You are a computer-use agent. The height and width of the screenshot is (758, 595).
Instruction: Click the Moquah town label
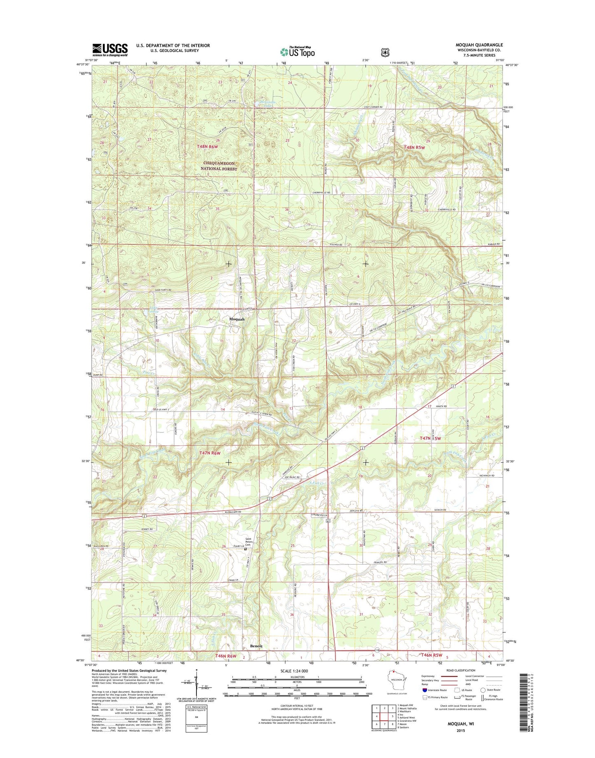point(237,319)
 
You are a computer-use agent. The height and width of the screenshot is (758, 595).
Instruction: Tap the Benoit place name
point(256,646)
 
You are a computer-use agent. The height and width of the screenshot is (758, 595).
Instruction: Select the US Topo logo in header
point(297,51)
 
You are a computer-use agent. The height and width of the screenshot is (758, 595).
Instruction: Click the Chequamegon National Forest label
point(219,166)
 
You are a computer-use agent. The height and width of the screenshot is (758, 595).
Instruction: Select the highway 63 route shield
point(328,521)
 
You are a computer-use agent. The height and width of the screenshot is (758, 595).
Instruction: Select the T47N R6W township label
point(210,453)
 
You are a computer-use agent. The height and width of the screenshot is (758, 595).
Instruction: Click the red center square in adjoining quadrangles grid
point(384,716)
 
